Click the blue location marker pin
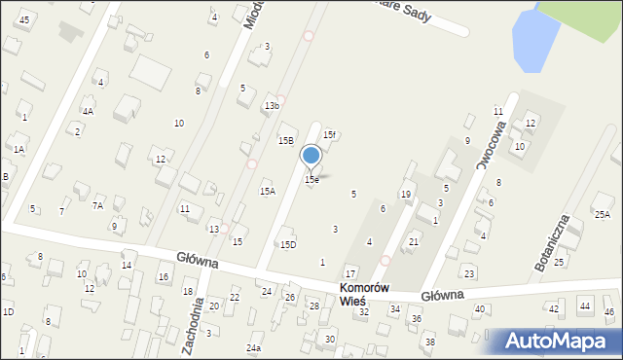coord(311,156)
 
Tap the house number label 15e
coord(311,180)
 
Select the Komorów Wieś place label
coord(365,295)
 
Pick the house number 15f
coord(329,135)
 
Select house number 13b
coord(272,105)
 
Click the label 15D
coord(288,245)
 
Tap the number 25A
coord(603,214)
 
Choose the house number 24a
coord(254,347)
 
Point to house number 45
coord(24,20)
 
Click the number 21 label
coord(414,241)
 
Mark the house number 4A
coord(88,112)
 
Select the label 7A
coord(97,205)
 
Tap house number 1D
coord(8,311)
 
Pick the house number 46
coord(609,312)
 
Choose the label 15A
coord(267,192)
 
